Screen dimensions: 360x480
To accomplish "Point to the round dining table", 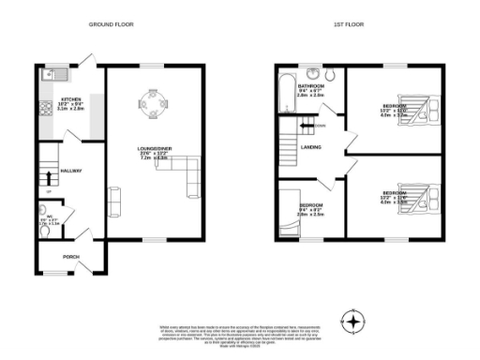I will point(150,97).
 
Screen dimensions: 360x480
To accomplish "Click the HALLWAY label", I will point(72,171).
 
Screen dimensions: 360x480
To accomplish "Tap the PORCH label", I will point(70,256).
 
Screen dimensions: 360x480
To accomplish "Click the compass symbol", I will point(353,322).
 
